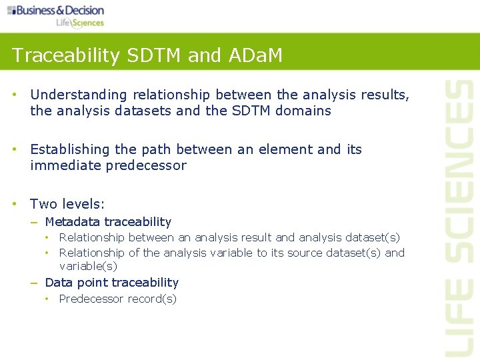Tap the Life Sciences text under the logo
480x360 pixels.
79,23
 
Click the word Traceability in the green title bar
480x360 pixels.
55,55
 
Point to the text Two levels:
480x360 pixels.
67,204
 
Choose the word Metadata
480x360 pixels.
72,222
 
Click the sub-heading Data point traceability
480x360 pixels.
111,283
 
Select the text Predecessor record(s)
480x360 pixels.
117,299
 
